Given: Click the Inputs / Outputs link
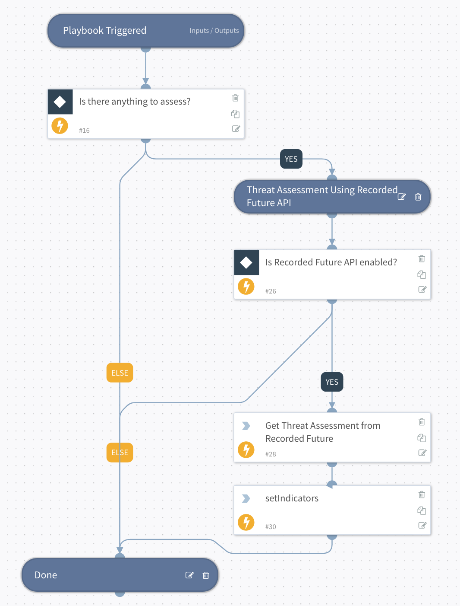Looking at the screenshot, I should click(214, 31).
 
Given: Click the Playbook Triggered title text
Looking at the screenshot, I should click(104, 31).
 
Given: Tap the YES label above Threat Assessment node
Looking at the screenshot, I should click(291, 159).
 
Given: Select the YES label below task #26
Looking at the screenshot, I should click(332, 382).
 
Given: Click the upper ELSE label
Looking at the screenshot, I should click(120, 373).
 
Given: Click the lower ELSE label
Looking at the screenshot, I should click(120, 453).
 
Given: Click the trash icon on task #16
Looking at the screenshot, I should click(235, 98).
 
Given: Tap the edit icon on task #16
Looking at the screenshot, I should click(236, 129).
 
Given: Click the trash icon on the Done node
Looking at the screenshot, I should click(206, 575).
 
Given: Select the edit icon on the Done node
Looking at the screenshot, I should click(189, 575).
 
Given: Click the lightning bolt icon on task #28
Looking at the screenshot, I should click(246, 450).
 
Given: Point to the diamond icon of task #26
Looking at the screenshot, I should click(246, 262).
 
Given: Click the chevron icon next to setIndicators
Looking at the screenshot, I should click(246, 498).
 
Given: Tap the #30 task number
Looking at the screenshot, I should click(271, 527).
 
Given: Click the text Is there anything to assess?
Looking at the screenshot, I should click(135, 102).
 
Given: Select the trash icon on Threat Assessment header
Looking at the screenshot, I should click(418, 197).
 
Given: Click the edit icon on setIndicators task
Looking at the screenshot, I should click(422, 526).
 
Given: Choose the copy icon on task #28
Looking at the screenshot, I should click(422, 438).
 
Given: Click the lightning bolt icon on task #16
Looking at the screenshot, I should click(60, 126).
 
